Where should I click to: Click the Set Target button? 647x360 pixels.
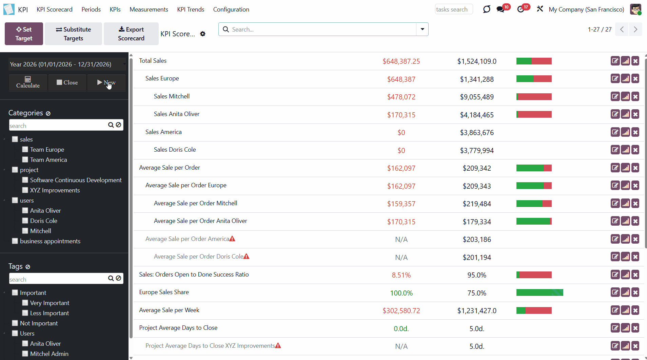coord(24,34)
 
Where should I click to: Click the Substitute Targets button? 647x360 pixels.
coord(73,34)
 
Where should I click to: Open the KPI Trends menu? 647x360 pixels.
coord(191,10)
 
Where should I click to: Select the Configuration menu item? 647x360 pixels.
coord(231,10)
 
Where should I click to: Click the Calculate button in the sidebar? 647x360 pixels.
coord(28,82)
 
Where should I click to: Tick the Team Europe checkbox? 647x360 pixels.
coord(25,149)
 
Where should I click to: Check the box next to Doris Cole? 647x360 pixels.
coord(25,221)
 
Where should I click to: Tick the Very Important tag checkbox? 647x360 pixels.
coord(25,303)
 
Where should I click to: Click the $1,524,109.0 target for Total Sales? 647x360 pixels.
coord(476,61)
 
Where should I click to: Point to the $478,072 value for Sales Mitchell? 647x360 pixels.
coord(401,97)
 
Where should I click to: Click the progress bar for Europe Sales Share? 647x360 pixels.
coord(540,292)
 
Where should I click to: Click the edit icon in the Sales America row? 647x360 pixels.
coord(615,132)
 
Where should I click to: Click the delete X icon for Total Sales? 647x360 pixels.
coord(635,61)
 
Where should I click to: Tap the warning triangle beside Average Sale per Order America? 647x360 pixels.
coord(232,239)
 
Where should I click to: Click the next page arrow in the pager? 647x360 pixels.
coord(635,30)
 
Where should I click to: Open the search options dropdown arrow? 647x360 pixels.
coord(422,29)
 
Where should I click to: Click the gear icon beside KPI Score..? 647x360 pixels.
coord(203,34)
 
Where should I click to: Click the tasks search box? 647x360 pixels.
coord(453,10)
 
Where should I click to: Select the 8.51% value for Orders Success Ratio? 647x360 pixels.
coord(401,275)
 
